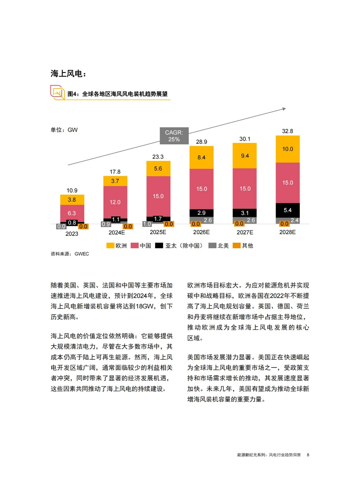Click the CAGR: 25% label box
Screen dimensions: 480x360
point(174,136)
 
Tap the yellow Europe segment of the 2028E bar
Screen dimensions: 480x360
point(287,149)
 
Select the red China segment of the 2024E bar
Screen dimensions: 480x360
point(115,202)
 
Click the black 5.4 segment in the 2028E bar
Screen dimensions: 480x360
point(287,210)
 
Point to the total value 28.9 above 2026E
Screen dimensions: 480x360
point(201,142)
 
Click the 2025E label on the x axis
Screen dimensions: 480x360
point(158,232)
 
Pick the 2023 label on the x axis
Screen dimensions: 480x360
point(72,234)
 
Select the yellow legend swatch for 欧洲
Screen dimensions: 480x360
point(110,246)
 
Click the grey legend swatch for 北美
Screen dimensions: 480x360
point(212,246)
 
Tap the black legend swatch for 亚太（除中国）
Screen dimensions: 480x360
point(159,246)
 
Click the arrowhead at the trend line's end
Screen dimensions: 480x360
point(284,109)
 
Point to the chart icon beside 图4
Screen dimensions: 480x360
point(58,92)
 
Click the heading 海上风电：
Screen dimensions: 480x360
point(68,73)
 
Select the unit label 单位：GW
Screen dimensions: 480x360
point(64,130)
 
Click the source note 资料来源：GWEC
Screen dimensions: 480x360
point(70,254)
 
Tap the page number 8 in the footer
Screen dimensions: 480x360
point(308,455)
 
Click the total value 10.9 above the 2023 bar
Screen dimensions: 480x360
point(72,190)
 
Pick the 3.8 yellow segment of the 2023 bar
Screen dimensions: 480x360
point(72,200)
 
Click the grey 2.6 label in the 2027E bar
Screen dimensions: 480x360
point(251,220)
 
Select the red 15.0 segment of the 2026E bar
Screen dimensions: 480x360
point(201,189)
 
